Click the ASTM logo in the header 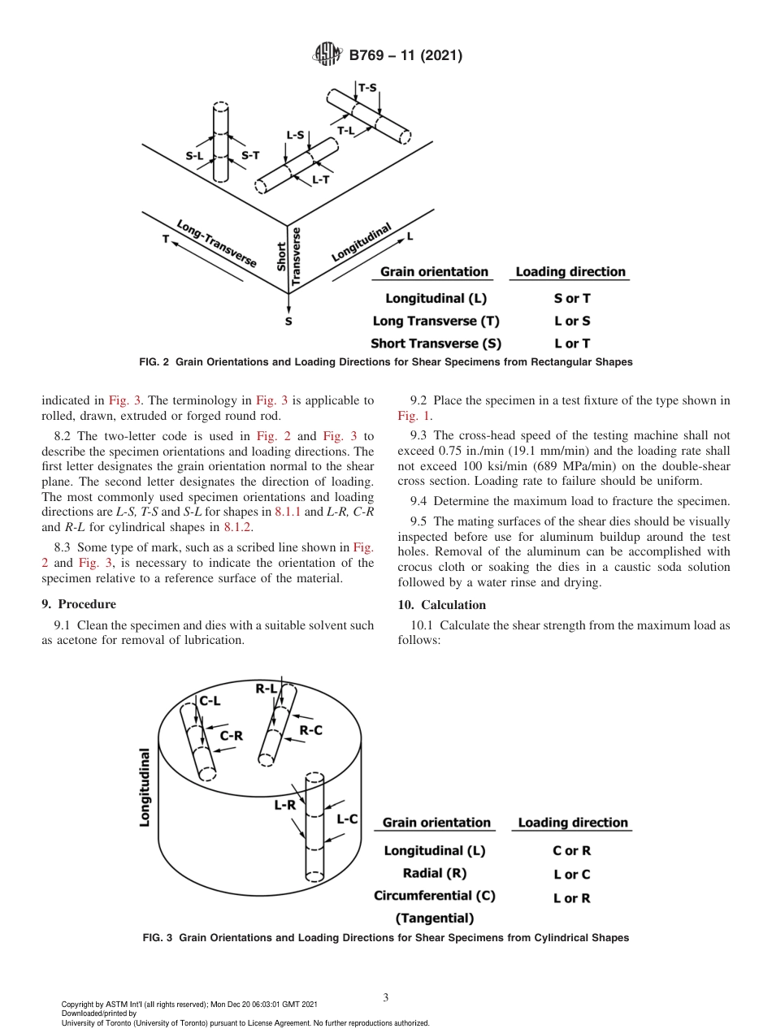coord(328,55)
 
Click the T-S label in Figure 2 coord(367,88)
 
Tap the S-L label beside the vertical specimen coord(194,155)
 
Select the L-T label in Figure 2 coord(321,181)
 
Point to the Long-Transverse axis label coord(216,243)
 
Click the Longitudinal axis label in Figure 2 coord(362,242)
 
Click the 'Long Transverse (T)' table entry coord(436,321)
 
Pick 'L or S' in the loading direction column coord(572,321)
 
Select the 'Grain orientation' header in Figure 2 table coord(434,272)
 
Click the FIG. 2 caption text coord(386,362)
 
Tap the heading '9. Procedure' coord(79,604)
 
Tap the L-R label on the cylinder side coord(284,806)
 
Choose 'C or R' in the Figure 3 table coord(572,851)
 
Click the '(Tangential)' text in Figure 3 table coord(434,918)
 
